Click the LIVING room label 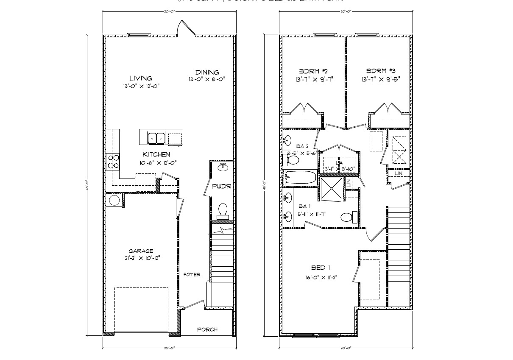(141, 78)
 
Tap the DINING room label (207, 72)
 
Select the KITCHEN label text (156, 154)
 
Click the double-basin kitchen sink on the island (156, 138)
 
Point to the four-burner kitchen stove (114, 161)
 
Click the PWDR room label (221, 186)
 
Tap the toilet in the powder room (223, 210)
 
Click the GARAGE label (142, 251)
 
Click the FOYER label (192, 274)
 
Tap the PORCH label (208, 329)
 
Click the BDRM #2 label (313, 71)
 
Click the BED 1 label (321, 268)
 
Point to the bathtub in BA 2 (301, 177)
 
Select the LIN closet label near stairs (399, 173)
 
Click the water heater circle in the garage (114, 201)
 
